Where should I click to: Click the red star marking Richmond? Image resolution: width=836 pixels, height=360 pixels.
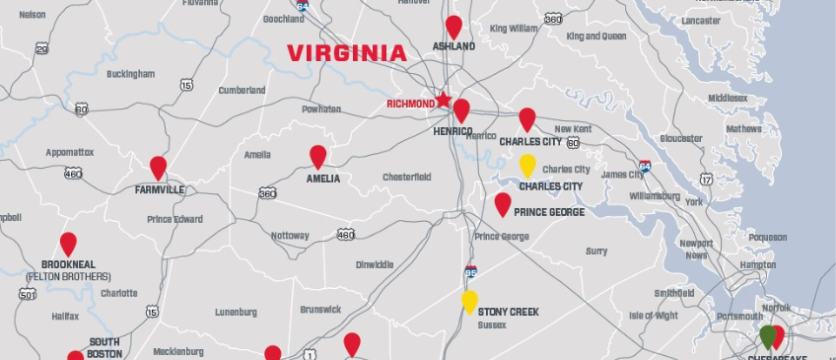(444, 100)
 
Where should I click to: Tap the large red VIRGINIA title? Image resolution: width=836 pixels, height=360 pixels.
(346, 53)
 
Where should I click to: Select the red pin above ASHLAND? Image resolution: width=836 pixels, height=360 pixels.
(453, 26)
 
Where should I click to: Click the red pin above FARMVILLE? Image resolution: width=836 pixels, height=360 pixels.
(158, 167)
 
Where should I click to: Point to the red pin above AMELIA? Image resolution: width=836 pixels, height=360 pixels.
(317, 156)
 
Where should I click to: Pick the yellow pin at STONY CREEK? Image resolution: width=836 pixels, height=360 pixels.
(470, 301)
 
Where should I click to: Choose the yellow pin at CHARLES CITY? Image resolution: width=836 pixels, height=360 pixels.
(527, 165)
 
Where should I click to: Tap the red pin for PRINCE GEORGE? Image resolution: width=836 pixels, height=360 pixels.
(503, 203)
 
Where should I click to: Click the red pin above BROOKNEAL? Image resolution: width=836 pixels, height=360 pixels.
(68, 243)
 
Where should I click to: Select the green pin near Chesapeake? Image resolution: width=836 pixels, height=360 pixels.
(768, 335)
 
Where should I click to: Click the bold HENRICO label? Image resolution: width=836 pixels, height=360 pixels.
(454, 130)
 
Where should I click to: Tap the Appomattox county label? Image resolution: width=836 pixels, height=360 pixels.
(70, 153)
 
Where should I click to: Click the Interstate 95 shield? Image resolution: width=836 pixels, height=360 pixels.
(471, 269)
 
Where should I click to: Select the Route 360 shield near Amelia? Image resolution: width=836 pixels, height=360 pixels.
(267, 193)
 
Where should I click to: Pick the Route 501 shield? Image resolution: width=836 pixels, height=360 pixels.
(27, 293)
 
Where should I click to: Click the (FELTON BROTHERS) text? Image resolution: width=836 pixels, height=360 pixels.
(69, 277)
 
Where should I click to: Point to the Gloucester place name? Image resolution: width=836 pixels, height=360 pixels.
(681, 138)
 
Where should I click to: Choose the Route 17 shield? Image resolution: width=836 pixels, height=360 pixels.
(706, 179)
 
